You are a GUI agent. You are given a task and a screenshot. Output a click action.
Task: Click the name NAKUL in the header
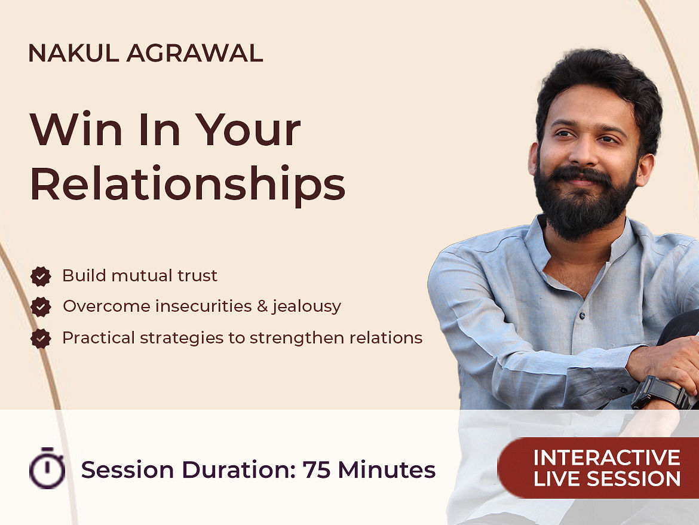pyautogui.click(x=73, y=53)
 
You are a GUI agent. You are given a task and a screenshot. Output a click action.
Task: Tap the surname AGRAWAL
pyautogui.click(x=195, y=53)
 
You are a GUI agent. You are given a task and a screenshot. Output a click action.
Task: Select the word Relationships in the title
pyautogui.click(x=187, y=183)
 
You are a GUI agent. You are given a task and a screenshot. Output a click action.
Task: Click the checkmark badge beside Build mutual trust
pyautogui.click(x=41, y=277)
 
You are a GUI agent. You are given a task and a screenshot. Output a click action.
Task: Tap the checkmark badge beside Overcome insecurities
pyautogui.click(x=41, y=306)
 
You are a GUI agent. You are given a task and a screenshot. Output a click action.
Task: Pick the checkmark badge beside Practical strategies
pyautogui.click(x=41, y=338)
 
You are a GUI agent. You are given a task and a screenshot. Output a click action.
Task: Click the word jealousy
pyautogui.click(x=307, y=306)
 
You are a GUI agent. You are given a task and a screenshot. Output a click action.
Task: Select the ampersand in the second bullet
pyautogui.click(x=262, y=306)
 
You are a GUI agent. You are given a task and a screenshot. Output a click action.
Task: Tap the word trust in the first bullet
pyautogui.click(x=197, y=275)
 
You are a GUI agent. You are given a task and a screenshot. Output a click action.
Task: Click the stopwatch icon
pyautogui.click(x=47, y=468)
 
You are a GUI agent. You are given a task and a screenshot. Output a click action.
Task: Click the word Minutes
pyautogui.click(x=387, y=469)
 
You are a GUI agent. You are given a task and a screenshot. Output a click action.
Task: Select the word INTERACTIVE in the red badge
pyautogui.click(x=607, y=458)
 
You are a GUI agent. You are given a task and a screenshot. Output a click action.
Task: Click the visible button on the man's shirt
pyautogui.click(x=582, y=315)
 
